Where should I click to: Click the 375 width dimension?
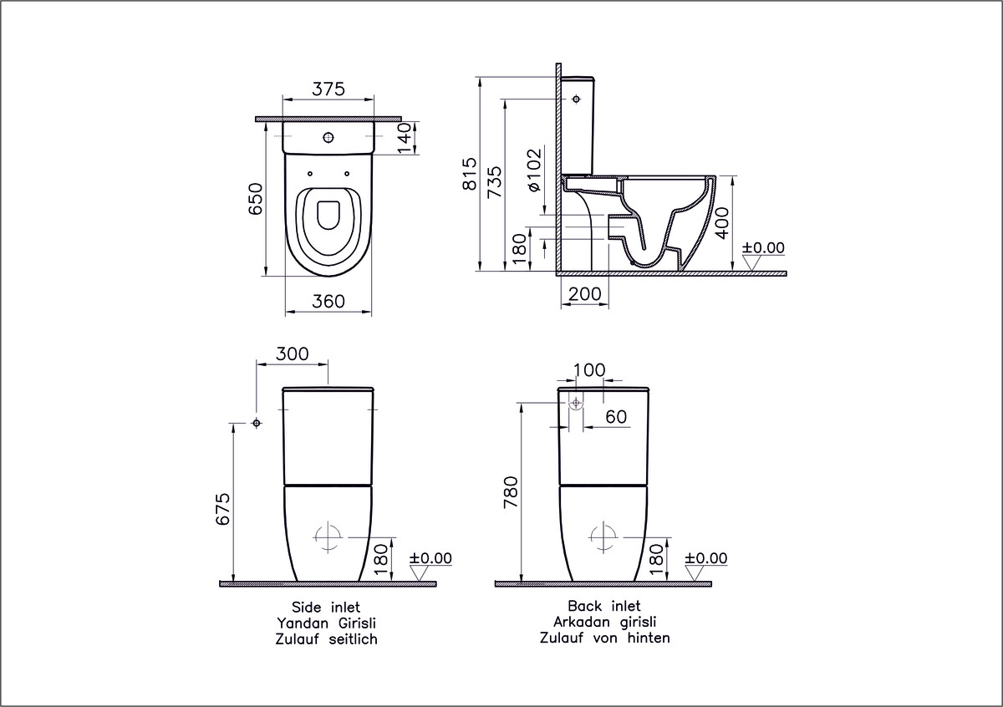(x=328, y=89)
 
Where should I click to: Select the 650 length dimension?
(x=256, y=198)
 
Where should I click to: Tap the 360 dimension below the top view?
(x=328, y=302)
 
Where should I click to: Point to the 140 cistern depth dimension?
(x=405, y=138)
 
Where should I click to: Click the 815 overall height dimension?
(x=470, y=174)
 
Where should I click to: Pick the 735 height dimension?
(x=495, y=182)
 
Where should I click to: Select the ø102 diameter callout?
(x=534, y=170)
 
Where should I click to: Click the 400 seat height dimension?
(x=722, y=223)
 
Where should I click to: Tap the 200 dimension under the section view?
(x=585, y=294)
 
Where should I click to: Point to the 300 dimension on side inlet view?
(x=292, y=353)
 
